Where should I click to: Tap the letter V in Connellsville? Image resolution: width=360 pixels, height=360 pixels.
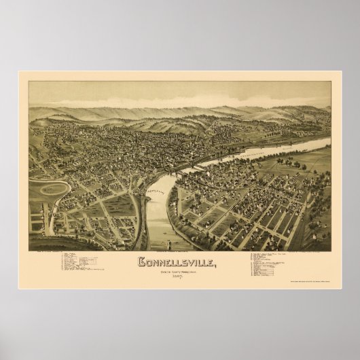point(194,261)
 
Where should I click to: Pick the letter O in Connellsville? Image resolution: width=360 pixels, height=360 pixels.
point(149,261)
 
